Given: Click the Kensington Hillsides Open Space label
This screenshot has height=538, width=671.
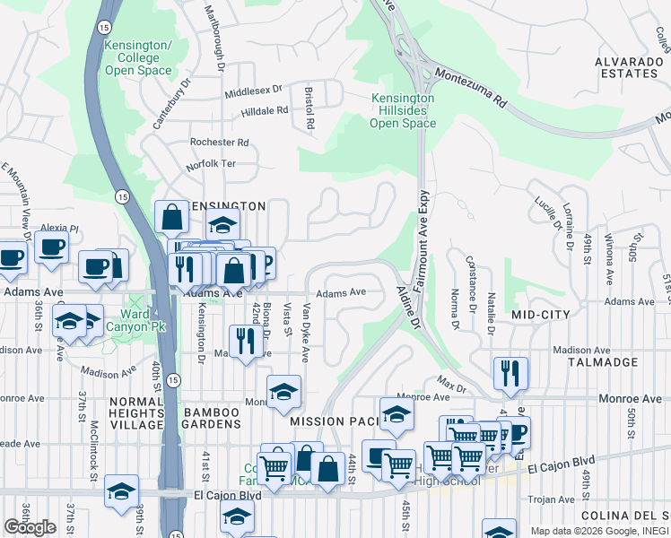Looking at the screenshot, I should [403, 111].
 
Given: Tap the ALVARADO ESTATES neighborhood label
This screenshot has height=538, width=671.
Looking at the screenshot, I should [627, 68].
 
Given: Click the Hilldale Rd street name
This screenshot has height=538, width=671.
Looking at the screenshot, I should [264, 111].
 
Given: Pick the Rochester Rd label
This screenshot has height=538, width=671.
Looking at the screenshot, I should [219, 143].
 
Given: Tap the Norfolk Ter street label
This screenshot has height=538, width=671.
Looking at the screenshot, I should [211, 164].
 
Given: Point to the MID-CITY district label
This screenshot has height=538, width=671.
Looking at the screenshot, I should [540, 315].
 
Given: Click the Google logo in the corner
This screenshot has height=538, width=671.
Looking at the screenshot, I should [30, 527].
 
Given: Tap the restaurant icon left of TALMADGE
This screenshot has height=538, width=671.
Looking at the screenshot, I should [510, 373].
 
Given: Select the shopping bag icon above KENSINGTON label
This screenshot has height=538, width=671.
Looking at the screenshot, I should [170, 217].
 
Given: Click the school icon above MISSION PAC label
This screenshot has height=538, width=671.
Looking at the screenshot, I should [283, 391].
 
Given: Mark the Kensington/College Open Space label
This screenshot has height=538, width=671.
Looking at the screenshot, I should [137, 57].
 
